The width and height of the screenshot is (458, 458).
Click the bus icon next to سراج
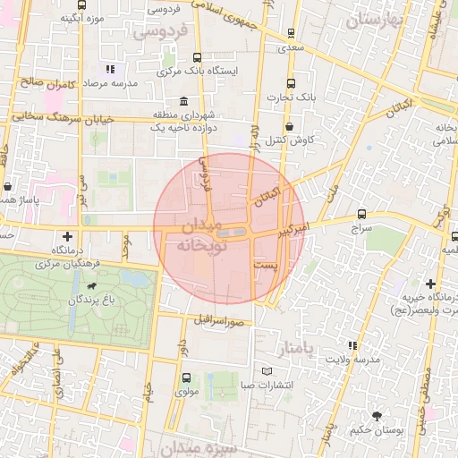coord(361,214)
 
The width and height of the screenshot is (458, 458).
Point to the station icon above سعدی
coord(291,33)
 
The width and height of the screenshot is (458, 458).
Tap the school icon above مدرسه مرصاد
coord(110,69)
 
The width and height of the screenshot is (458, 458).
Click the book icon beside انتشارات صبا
coord(266,371)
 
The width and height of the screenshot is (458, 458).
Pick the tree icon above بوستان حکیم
coord(377,415)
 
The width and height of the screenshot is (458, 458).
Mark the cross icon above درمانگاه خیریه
coord(431,283)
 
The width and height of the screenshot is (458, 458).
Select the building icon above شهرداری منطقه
coord(183,100)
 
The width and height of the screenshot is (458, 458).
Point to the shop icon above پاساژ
coord(8,188)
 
